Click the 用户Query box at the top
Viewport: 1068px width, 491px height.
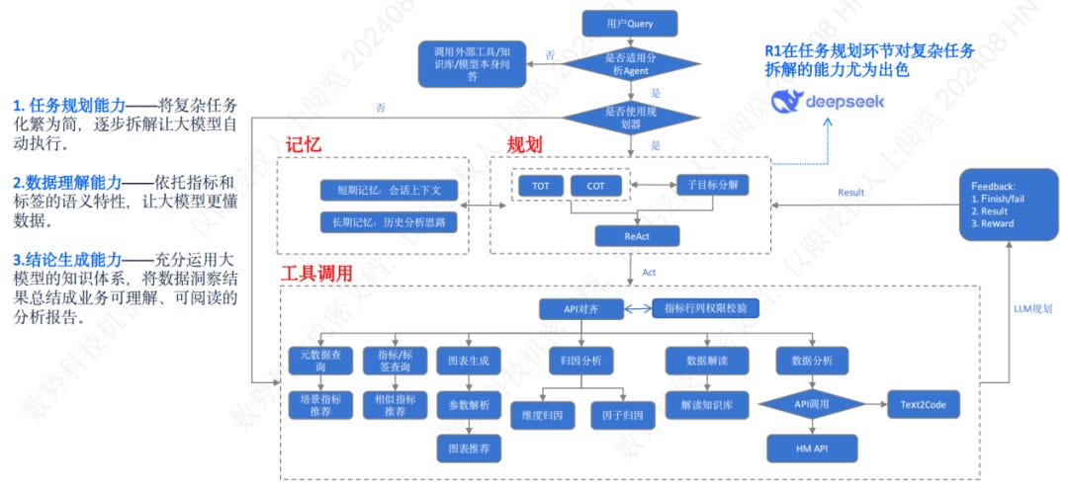click(630, 22)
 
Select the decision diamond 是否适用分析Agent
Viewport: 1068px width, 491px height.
click(630, 64)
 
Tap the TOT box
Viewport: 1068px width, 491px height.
click(541, 186)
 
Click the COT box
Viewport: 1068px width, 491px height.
click(595, 186)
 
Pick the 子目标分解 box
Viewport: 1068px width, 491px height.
click(712, 186)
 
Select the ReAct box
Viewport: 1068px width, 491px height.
click(637, 235)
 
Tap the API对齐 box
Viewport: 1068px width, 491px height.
click(582, 309)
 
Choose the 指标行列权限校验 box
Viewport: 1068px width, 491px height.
click(706, 309)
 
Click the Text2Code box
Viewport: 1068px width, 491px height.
click(923, 405)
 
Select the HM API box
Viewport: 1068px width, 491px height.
click(811, 449)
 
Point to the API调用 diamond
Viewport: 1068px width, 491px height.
click(811, 405)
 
